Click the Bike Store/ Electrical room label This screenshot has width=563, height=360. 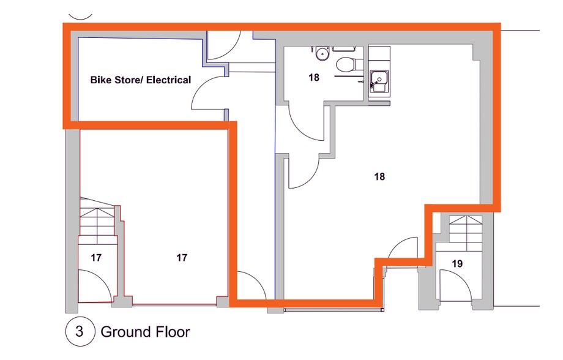(x=141, y=80)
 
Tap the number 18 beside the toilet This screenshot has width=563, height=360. (x=313, y=78)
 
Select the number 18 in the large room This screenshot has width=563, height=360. (x=379, y=176)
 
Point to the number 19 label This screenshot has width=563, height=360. (x=457, y=264)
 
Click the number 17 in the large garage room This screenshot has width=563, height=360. (x=181, y=258)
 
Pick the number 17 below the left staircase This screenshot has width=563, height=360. (x=96, y=258)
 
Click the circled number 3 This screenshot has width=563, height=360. (x=80, y=332)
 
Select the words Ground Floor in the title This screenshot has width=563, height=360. (x=145, y=332)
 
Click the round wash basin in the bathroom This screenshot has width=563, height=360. (x=321, y=54)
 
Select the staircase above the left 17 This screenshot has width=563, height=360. (x=98, y=220)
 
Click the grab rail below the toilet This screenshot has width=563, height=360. (x=349, y=78)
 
